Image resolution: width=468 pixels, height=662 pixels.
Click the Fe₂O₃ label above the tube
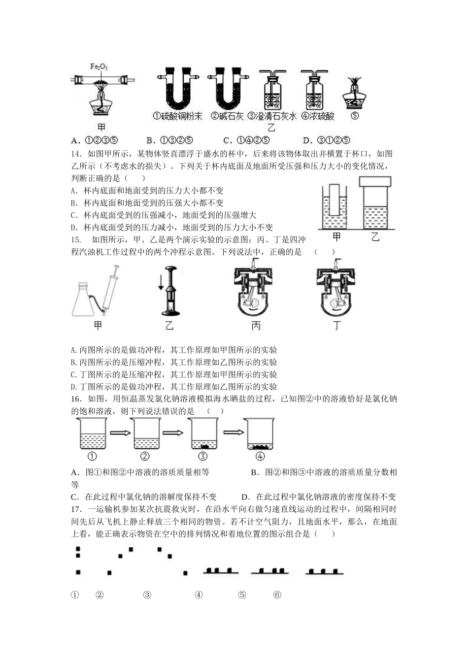100,67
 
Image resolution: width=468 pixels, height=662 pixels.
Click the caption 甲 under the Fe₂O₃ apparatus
101,127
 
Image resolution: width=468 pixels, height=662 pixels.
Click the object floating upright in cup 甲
334,199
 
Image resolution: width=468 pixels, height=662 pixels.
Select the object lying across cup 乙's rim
375,181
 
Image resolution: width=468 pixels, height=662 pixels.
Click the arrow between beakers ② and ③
172,433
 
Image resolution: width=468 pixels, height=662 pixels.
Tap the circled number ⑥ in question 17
277,595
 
